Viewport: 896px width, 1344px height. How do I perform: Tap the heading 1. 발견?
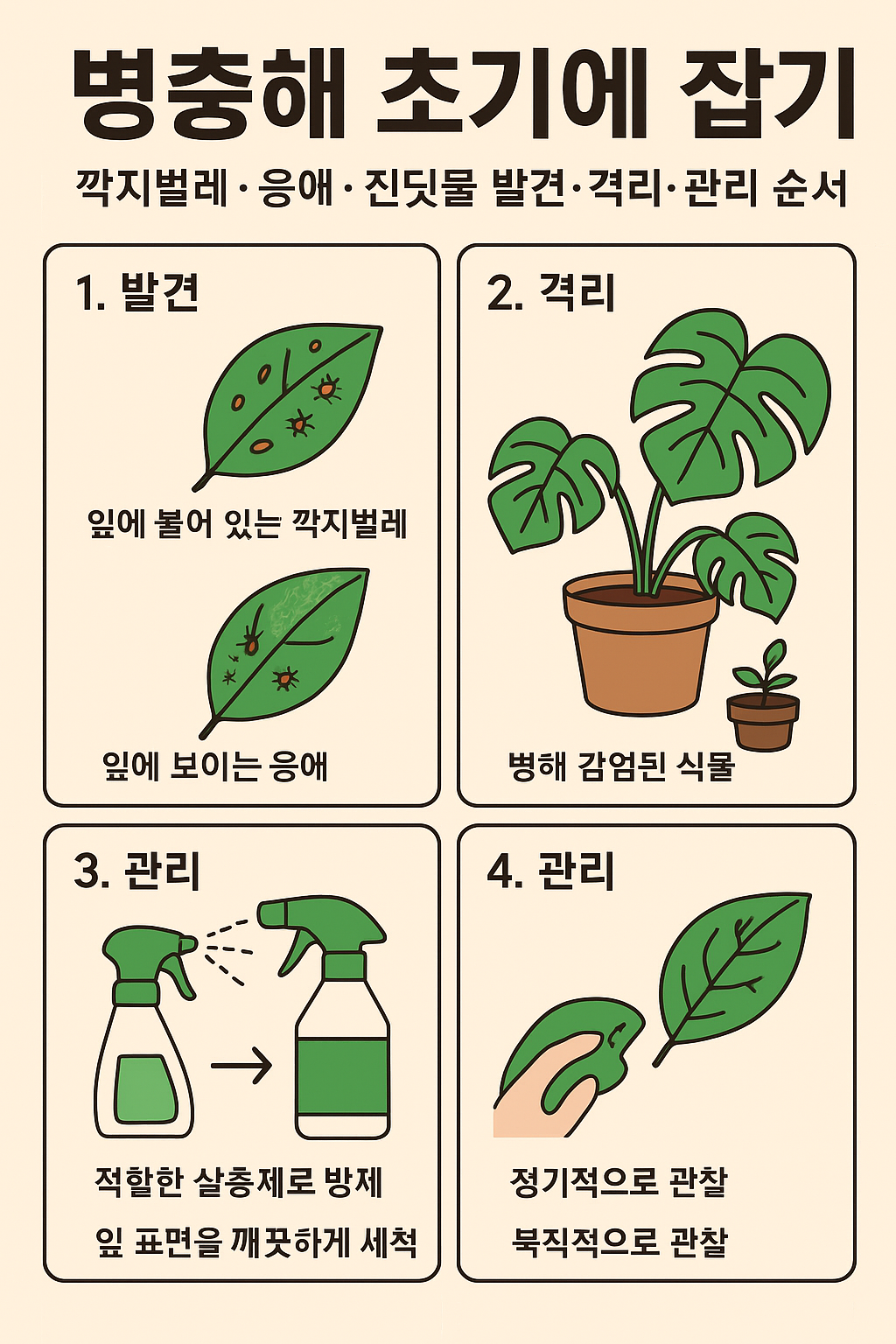[x=137, y=293]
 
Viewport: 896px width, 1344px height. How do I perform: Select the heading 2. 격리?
[x=550, y=293]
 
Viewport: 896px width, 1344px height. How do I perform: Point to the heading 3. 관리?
[x=137, y=871]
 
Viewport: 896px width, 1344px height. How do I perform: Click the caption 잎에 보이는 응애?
[x=215, y=766]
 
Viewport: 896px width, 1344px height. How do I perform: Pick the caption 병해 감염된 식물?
[x=620, y=766]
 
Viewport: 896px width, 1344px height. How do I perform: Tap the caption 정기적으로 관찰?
[x=619, y=1182]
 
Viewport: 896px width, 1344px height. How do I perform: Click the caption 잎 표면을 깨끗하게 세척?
[x=256, y=1242]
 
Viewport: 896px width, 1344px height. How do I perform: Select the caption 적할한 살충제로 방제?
[x=239, y=1182]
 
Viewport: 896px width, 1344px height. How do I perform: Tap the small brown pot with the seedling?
[x=763, y=721]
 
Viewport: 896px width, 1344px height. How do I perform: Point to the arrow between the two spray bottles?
[x=241, y=1066]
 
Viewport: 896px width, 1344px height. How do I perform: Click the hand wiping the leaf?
[x=551, y=1085]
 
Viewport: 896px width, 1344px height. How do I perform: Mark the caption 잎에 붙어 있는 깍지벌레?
[x=248, y=524]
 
